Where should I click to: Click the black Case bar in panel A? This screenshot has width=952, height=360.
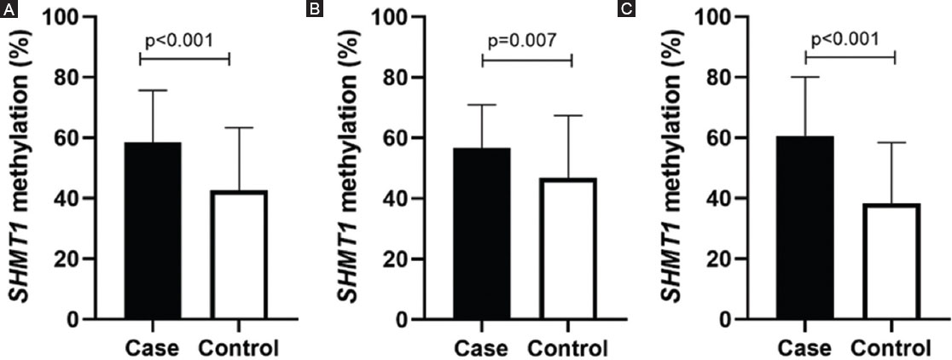tap(154, 230)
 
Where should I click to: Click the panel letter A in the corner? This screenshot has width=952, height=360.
tap(7, 9)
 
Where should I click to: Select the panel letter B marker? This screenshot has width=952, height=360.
tap(313, 9)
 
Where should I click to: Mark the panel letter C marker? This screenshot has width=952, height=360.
tap(628, 9)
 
